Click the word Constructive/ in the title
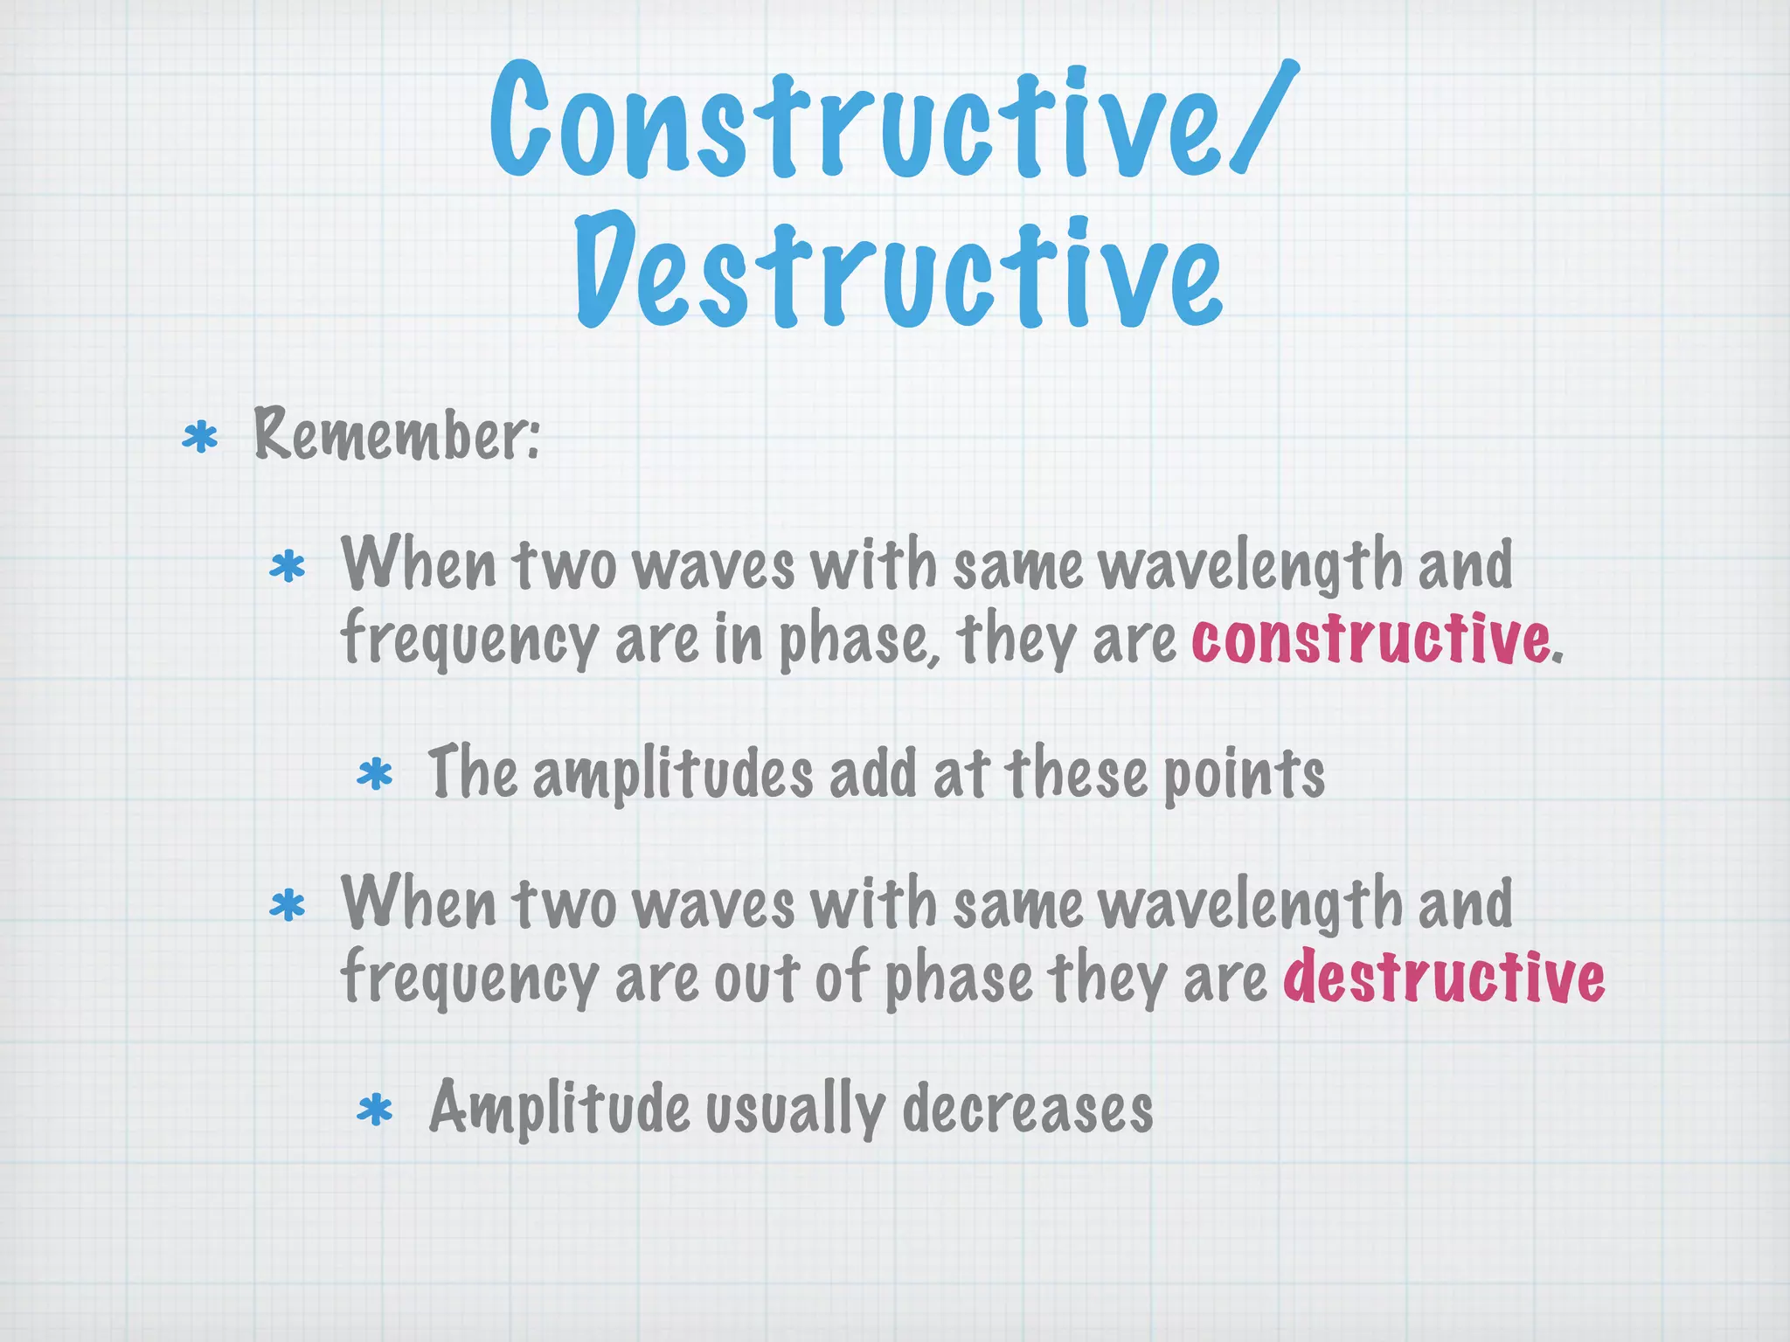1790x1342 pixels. [892, 122]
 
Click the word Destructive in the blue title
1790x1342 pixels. [898, 271]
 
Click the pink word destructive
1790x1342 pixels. [1444, 977]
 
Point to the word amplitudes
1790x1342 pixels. [673, 775]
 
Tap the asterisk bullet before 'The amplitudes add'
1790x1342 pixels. [375, 775]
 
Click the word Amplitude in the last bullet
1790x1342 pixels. [559, 1109]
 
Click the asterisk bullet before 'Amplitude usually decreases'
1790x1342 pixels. [375, 1111]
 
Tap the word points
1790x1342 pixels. [1245, 775]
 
